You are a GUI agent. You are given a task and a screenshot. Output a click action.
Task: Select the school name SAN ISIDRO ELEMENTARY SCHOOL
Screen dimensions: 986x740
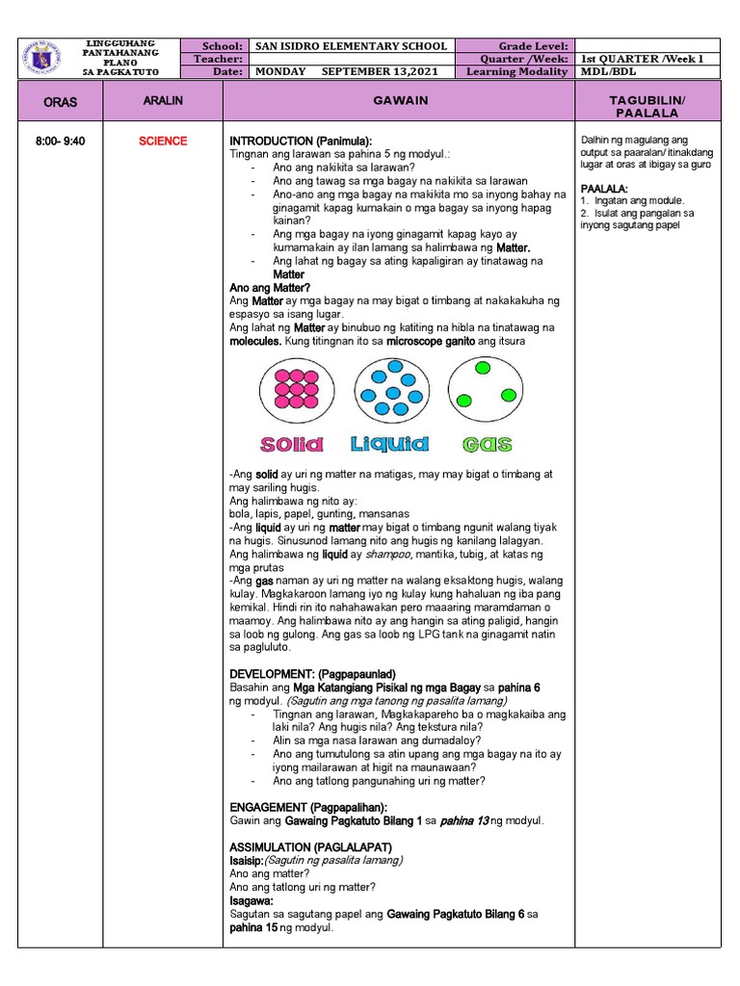[350, 46]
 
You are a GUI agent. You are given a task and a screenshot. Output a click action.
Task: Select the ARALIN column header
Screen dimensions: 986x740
[162, 100]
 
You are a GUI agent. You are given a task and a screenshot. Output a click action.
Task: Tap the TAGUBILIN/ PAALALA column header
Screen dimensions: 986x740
[647, 106]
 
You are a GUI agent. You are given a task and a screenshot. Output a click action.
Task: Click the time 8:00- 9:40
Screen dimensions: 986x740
[60, 142]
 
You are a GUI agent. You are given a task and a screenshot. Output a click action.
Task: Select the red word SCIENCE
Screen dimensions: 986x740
[162, 142]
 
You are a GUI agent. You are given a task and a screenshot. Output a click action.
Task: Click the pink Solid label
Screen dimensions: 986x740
[291, 444]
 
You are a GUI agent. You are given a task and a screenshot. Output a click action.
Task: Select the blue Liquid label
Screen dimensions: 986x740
[389, 444]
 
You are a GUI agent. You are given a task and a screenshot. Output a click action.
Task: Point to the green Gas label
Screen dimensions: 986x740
[487, 445]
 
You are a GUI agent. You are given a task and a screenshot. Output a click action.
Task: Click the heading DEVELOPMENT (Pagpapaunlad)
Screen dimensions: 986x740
[312, 673]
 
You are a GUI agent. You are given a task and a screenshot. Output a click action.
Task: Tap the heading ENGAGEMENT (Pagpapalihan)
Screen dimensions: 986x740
[308, 806]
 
